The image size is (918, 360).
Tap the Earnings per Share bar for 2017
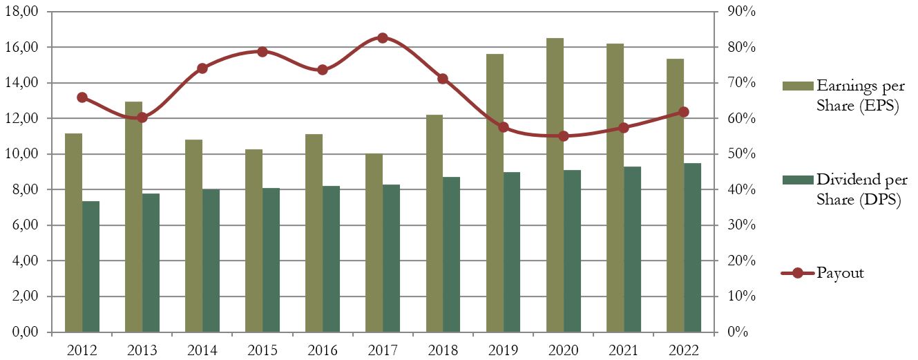[x=374, y=243]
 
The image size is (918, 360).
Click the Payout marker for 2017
[x=383, y=38]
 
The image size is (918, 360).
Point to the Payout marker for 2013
[x=142, y=117]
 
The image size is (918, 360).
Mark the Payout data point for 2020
[x=563, y=136]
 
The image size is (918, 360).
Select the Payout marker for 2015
[x=262, y=52]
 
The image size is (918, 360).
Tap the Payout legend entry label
[x=840, y=273]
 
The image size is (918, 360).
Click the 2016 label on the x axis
[x=323, y=350]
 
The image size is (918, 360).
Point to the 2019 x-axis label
[x=503, y=350]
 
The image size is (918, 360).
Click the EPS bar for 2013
[x=133, y=217]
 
